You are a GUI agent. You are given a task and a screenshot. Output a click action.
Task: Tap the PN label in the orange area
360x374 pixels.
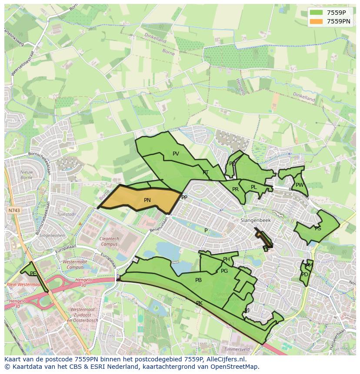(x=147, y=200)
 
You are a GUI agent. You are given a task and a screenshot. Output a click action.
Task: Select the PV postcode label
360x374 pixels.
(x=176, y=154)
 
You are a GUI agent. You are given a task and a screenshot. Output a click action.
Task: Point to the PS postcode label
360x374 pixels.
(x=318, y=228)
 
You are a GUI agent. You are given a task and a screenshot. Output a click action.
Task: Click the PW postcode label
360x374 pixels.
(x=299, y=185)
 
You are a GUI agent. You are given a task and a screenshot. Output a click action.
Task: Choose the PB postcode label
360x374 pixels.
(x=198, y=280)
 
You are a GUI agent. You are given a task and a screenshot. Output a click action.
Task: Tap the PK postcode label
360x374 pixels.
(x=199, y=303)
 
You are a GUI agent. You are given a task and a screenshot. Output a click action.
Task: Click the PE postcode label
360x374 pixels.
(x=33, y=274)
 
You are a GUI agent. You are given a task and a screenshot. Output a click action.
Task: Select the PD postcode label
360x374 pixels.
(x=304, y=275)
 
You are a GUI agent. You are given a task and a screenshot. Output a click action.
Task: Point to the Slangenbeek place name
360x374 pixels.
(x=256, y=221)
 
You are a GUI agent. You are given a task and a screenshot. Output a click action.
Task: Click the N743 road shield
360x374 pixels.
(x=14, y=210)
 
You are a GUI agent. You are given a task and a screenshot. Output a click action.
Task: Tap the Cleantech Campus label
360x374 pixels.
(x=109, y=242)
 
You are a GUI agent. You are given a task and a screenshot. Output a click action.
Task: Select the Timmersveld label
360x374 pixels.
(x=237, y=349)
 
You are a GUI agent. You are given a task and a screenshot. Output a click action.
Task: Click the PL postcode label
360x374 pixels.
(x=253, y=187)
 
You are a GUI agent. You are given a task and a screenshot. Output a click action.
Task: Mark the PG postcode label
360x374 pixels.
(x=224, y=271)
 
